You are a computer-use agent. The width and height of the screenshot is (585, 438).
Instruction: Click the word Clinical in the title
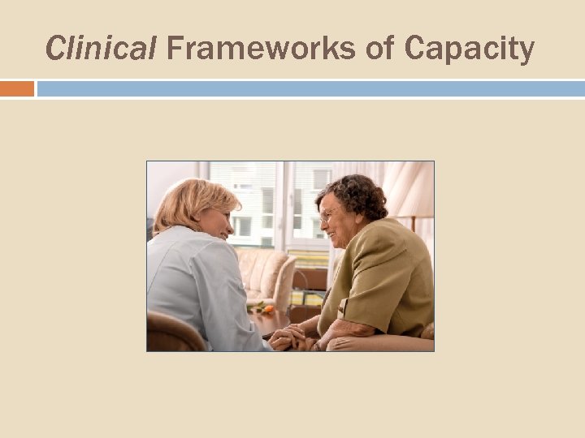[100, 49]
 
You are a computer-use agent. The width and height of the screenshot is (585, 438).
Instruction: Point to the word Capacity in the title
[469, 49]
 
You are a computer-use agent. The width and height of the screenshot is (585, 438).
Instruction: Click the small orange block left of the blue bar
[17, 88]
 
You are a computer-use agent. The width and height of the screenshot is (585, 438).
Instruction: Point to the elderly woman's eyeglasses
[328, 215]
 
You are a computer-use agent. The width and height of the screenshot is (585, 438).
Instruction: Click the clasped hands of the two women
[292, 337]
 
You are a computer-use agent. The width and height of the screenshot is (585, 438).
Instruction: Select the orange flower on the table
[267, 309]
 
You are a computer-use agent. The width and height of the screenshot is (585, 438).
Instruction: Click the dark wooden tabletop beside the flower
[268, 321]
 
